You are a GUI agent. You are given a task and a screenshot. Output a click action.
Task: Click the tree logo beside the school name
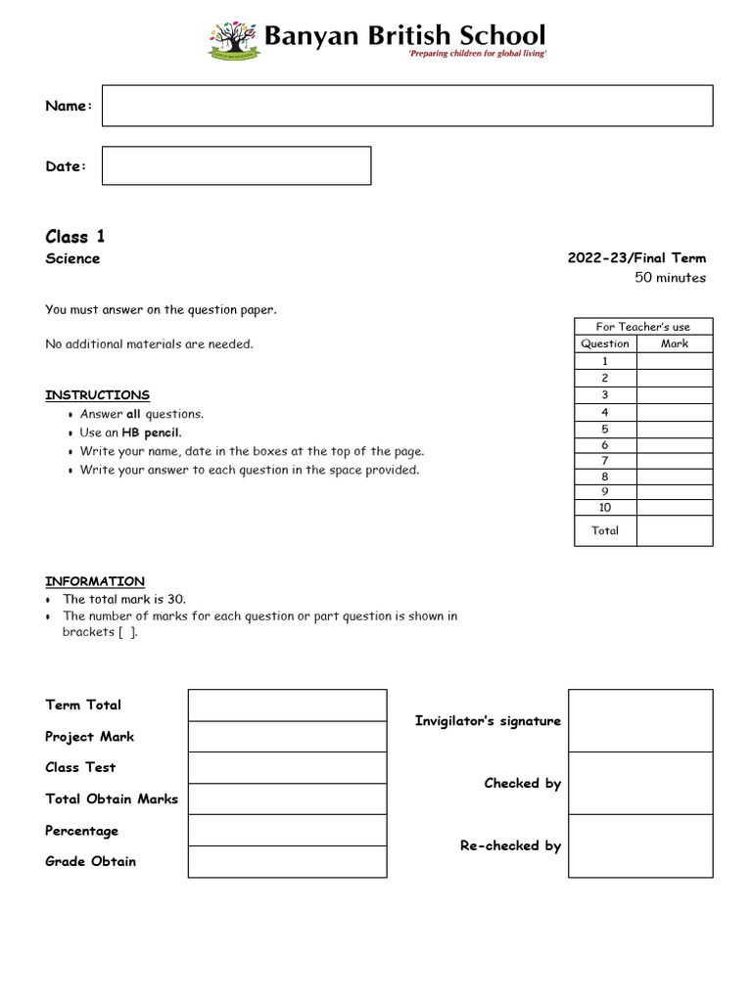(233, 40)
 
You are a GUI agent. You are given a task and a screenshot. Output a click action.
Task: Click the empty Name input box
(407, 106)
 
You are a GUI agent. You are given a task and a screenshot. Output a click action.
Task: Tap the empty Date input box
(236, 165)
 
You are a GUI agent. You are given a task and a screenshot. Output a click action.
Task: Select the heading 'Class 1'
(74, 237)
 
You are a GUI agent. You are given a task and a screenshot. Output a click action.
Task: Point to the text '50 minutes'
(670, 278)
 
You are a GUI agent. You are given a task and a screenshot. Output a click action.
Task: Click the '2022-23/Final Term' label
(636, 258)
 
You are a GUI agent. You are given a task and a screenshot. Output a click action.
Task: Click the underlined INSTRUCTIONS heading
(97, 395)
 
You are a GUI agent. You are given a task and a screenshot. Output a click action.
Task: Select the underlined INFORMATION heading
(95, 581)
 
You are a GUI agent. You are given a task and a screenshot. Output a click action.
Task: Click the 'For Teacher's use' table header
(643, 327)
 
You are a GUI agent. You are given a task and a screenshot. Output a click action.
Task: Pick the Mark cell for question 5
(674, 429)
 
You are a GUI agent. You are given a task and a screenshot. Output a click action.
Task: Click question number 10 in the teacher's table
(605, 508)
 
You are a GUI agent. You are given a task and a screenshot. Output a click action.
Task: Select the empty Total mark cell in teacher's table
(674, 530)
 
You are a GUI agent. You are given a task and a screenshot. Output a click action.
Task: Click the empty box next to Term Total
(287, 705)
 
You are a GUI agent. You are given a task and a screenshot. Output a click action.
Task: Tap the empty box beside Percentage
(287, 830)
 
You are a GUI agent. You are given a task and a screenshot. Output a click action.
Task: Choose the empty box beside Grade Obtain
(287, 861)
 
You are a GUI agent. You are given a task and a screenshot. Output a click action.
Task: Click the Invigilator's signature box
(640, 720)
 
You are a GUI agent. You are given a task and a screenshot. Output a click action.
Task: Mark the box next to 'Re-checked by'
(640, 845)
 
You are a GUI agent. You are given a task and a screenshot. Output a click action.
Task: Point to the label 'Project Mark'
(90, 737)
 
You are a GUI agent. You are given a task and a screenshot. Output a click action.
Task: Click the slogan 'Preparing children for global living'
(477, 54)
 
